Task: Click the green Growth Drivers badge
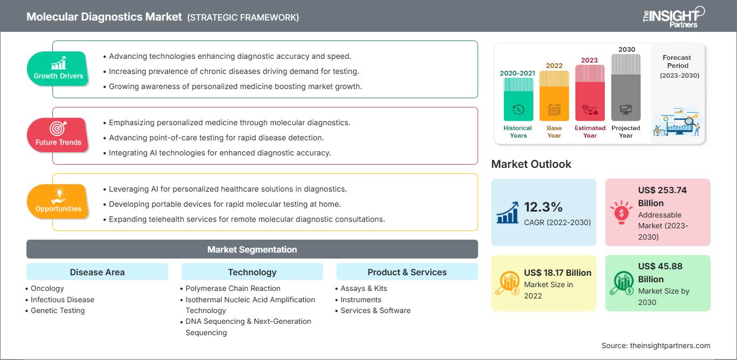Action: click(58, 69)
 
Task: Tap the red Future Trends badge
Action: click(58, 135)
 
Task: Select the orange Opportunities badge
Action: click(58, 201)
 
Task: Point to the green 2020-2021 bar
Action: click(518, 99)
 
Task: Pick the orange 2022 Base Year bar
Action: click(554, 96)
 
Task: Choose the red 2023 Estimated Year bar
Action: click(590, 93)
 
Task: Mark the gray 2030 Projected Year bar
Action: click(626, 87)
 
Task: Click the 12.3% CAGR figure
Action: click(543, 207)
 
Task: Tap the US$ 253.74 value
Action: click(663, 190)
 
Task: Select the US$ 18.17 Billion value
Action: click(558, 273)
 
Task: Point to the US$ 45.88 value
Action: click(660, 266)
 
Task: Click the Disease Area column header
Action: click(98, 272)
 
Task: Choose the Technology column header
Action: click(253, 272)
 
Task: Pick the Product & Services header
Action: click(407, 272)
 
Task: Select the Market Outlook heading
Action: click(531, 164)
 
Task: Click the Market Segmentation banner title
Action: click(252, 249)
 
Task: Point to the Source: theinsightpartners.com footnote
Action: click(656, 345)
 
